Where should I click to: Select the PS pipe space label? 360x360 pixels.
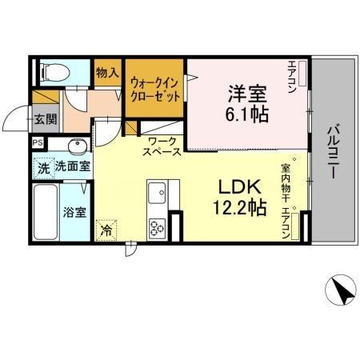[x=37, y=142]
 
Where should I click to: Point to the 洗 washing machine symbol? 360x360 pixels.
[x=44, y=168]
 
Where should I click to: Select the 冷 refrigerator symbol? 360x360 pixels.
[x=106, y=230]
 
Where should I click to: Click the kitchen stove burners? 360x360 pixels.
[x=156, y=228]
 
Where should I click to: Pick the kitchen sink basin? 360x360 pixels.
[x=156, y=193]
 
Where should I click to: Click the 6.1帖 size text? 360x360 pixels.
[x=246, y=115]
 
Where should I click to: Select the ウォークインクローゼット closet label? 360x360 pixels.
[x=154, y=86]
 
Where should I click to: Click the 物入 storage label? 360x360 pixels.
[x=108, y=72]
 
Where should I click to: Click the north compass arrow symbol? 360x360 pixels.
[x=342, y=290]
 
